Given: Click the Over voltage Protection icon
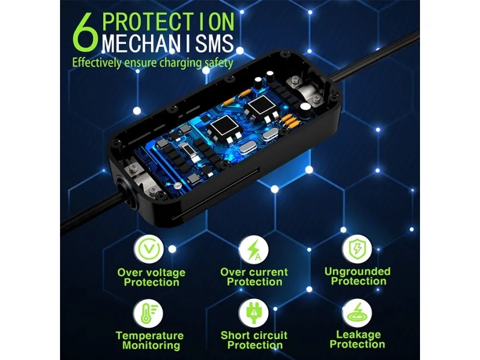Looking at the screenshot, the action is point(149,250).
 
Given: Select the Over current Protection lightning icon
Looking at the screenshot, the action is point(254,250).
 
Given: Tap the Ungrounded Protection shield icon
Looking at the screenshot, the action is point(357,249).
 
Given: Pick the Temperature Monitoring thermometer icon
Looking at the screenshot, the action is point(148,314).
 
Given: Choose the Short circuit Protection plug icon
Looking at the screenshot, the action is point(254,313).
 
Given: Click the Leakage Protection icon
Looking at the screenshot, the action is point(357,313).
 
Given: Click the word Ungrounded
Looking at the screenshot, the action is point(358,272).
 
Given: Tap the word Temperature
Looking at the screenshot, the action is point(149,335).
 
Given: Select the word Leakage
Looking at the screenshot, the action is point(358,335).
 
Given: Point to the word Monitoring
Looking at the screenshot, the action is point(151,346).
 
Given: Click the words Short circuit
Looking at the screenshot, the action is point(254,335).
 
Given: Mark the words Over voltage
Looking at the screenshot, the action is point(151,272).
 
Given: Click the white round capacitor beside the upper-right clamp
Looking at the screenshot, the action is point(305,108).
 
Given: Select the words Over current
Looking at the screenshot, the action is point(254,272).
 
